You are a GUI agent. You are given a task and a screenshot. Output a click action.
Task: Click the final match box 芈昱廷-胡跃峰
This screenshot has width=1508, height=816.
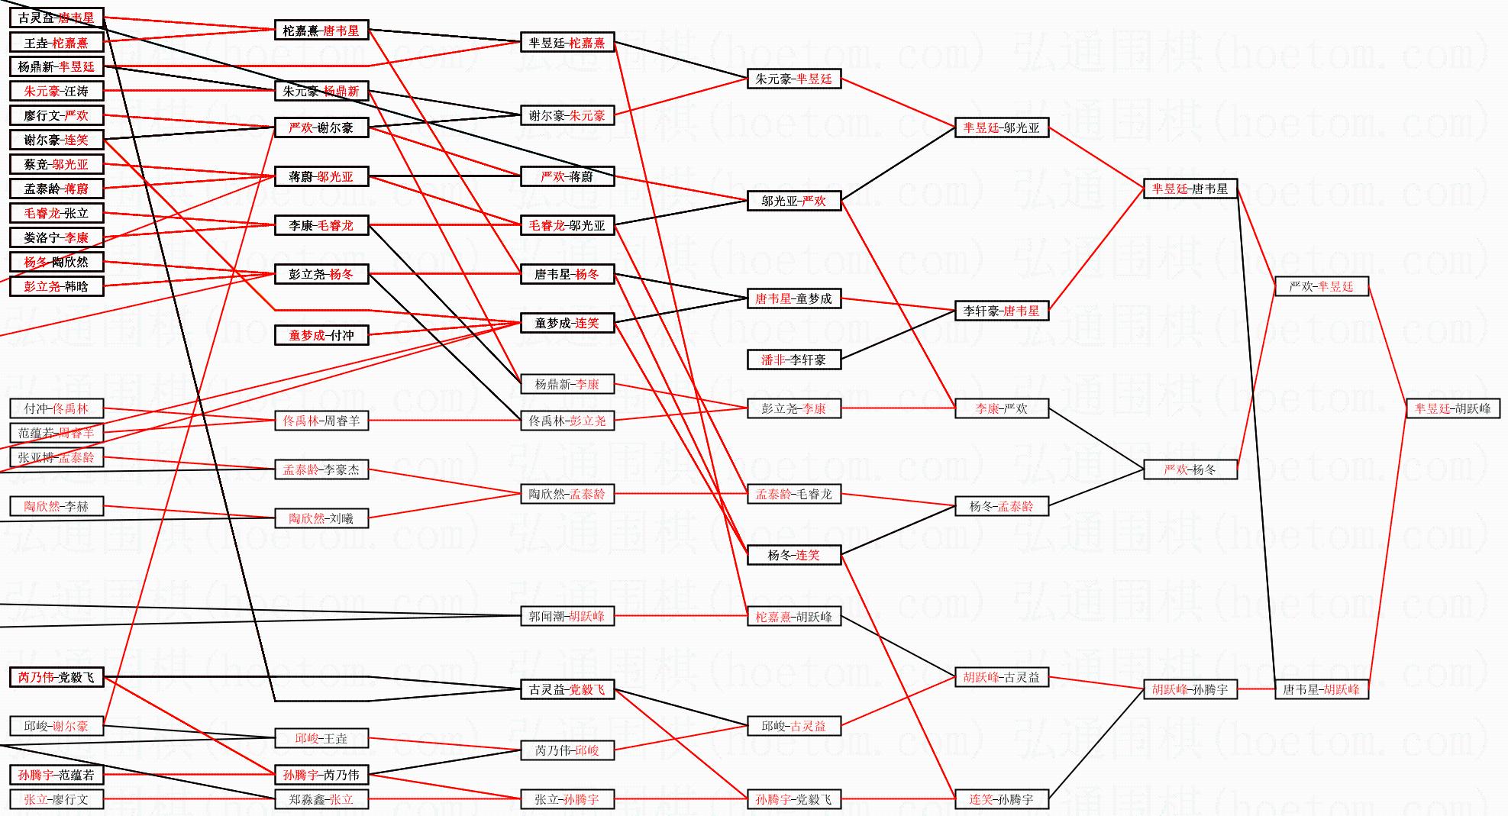[x=1452, y=408]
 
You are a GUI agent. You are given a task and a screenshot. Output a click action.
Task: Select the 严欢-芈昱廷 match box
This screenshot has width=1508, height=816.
[x=1321, y=286]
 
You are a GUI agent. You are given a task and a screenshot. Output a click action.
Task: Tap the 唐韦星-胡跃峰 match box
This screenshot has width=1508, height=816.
[x=1321, y=689]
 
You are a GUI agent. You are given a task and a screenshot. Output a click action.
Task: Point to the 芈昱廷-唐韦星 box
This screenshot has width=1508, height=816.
[x=1190, y=189]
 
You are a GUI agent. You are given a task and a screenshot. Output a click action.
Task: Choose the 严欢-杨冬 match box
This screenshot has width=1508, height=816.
[x=1190, y=469]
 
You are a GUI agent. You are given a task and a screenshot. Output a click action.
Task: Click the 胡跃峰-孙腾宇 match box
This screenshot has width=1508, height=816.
[x=1190, y=689]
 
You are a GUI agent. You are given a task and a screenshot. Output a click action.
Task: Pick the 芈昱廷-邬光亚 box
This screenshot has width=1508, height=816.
[x=1001, y=127]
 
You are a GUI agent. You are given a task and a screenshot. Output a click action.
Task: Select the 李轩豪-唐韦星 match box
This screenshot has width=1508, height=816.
[x=1001, y=311]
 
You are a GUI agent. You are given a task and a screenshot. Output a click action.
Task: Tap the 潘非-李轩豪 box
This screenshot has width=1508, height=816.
[x=793, y=360]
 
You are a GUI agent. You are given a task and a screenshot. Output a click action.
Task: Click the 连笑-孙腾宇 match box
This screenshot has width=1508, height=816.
[x=1001, y=799]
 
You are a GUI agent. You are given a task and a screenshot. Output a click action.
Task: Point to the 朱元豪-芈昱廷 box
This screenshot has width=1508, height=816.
[x=793, y=79]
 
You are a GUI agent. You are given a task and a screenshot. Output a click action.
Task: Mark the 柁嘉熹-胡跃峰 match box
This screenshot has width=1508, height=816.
[x=793, y=616]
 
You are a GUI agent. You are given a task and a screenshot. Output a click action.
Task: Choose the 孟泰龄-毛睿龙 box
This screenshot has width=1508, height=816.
[x=793, y=494]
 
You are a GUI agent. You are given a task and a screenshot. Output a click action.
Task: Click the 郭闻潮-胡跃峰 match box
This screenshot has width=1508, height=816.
[x=567, y=616]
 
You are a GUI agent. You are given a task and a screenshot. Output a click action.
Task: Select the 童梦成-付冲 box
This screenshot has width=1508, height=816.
[x=321, y=335]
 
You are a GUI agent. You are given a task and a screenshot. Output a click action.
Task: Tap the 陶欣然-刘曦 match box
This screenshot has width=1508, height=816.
[x=321, y=518]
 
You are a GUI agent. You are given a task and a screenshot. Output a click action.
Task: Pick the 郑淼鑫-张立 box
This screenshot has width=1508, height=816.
[x=321, y=799]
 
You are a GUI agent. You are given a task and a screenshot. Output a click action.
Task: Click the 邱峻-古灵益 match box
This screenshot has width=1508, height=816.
[x=793, y=726]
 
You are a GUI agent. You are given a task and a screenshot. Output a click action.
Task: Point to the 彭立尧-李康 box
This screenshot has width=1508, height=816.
[x=793, y=408]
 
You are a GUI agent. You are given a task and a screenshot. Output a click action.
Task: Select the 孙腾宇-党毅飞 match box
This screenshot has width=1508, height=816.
[x=793, y=799]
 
